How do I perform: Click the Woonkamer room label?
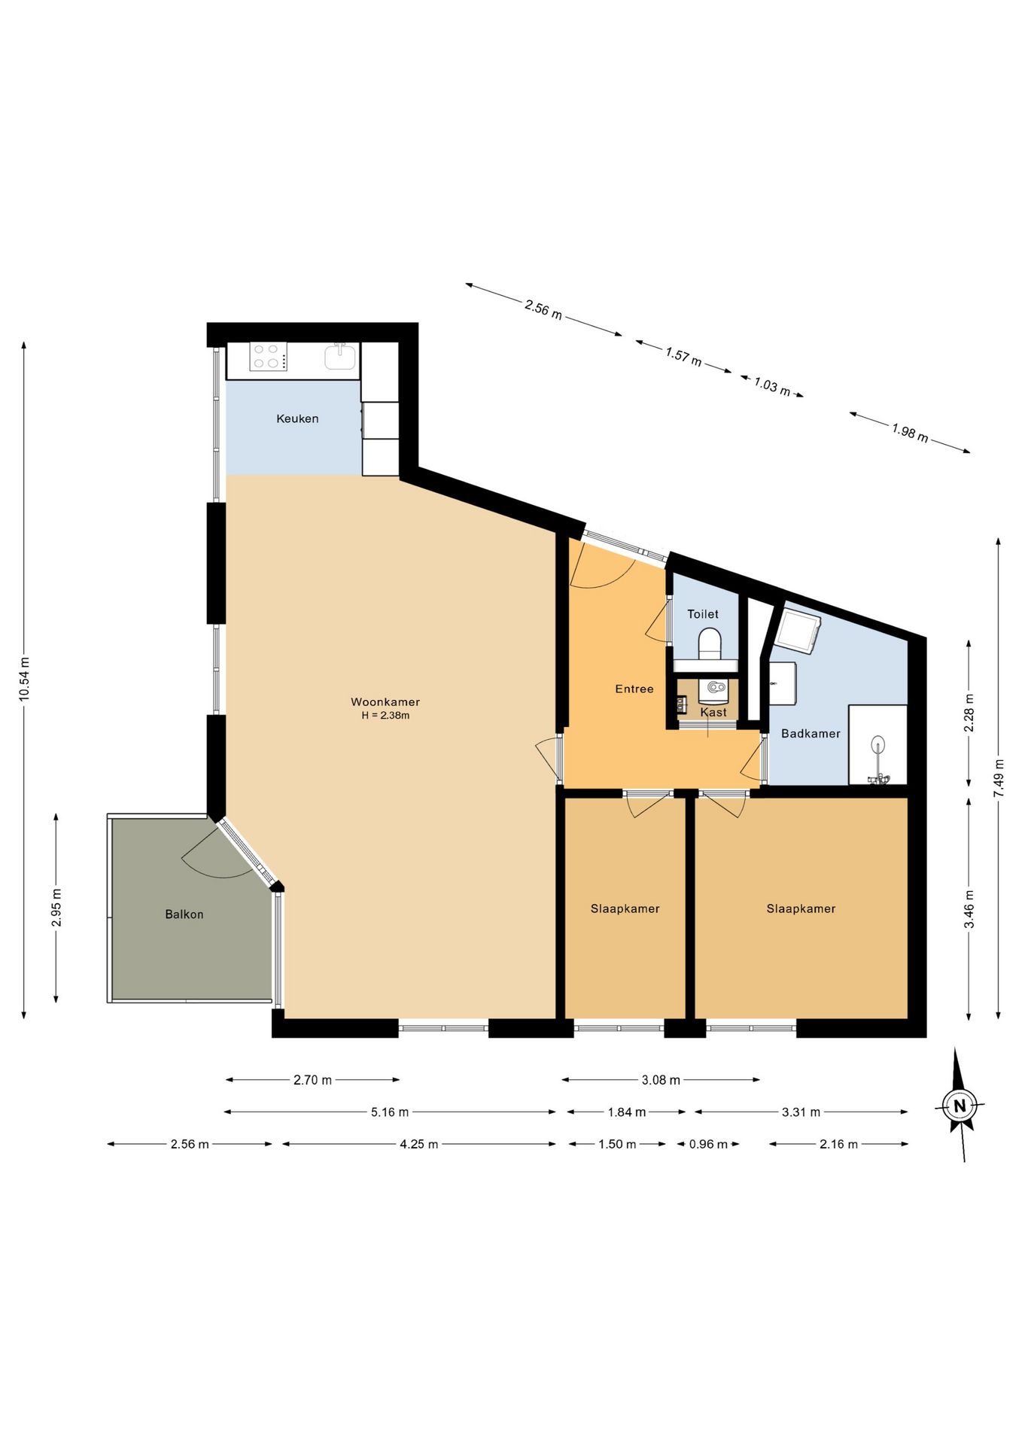385,702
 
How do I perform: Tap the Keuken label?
297,418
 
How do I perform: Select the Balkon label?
184,914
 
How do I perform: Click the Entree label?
634,689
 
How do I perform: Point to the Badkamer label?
811,734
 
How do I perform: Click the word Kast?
713,712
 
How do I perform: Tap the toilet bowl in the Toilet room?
709,644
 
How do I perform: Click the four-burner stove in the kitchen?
269,356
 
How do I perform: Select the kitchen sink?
341,356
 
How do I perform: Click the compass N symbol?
960,1106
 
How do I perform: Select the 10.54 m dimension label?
25,680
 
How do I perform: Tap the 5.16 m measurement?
390,1112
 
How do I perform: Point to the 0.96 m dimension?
708,1144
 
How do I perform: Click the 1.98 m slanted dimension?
910,433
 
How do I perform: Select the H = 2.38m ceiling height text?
385,716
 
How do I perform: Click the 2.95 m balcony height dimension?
56,908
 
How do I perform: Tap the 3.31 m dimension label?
801,1112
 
